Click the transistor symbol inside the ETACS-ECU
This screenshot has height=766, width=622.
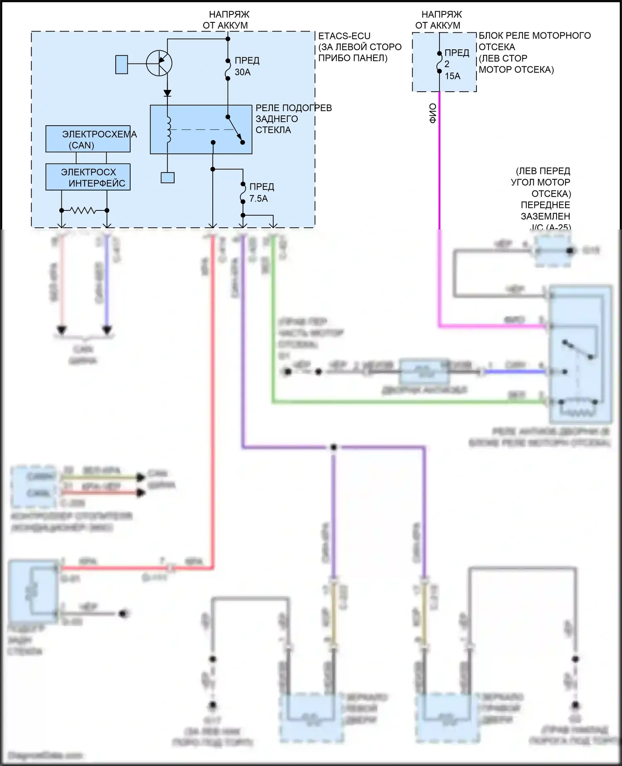point(159,63)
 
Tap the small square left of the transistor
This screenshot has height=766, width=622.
point(121,64)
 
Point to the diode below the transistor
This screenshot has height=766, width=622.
point(168,93)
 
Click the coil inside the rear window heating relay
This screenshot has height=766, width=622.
point(168,129)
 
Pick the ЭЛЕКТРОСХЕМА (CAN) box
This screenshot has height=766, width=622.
point(88,139)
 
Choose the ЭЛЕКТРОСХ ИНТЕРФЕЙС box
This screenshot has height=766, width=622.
point(88,178)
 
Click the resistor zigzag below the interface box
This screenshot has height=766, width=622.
point(84,210)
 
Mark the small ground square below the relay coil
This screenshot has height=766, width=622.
point(168,178)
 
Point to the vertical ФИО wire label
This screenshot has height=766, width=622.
point(432,113)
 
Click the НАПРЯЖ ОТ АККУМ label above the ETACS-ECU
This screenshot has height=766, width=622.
point(226,20)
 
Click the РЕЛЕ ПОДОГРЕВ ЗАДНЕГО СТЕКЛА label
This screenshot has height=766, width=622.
point(293,119)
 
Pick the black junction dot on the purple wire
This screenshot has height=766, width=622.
point(333,447)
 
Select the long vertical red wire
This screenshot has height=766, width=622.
point(213,394)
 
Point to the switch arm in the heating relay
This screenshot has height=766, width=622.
point(235,129)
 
